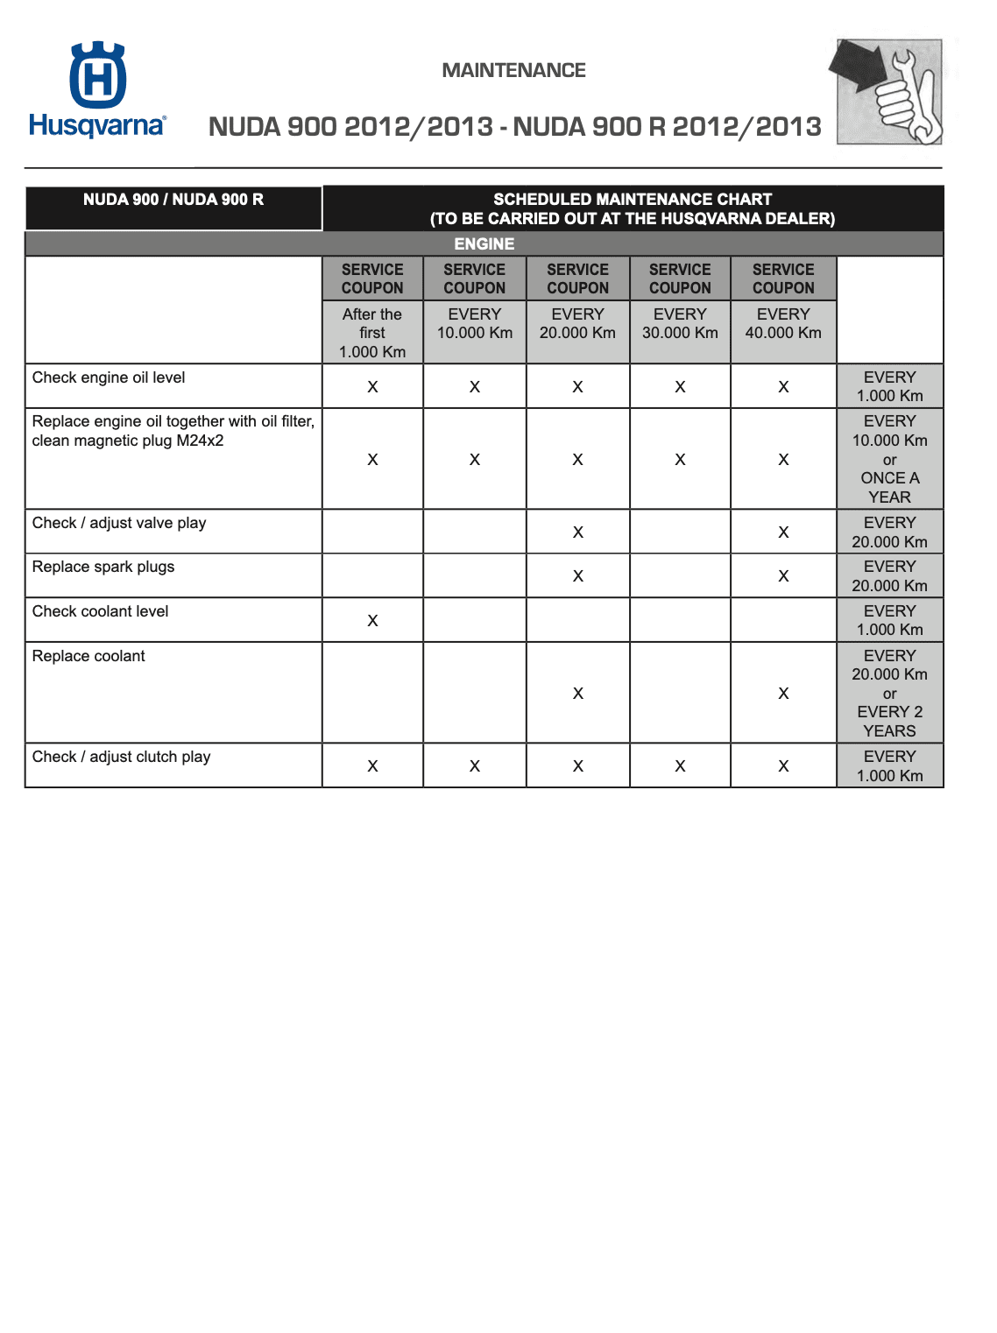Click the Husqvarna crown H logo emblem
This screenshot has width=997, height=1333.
point(97,76)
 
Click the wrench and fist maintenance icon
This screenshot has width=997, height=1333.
point(888,91)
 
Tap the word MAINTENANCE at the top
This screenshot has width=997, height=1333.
point(513,71)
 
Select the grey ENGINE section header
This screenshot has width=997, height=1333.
point(484,243)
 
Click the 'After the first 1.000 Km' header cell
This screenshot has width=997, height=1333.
point(372,333)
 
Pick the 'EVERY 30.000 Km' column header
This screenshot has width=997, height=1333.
point(680,323)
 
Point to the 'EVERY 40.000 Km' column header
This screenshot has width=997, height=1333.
point(783,323)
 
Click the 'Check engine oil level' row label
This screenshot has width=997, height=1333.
point(109,377)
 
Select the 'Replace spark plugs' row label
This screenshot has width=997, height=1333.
point(103,567)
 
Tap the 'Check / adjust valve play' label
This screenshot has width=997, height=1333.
point(119,523)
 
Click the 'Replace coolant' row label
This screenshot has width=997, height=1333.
point(88,656)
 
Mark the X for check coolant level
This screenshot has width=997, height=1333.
point(372,621)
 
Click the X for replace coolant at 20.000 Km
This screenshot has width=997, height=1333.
point(577,694)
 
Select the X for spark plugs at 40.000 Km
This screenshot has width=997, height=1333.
point(783,576)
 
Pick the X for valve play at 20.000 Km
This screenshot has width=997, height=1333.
point(577,532)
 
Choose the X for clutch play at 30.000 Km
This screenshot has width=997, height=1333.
point(680,766)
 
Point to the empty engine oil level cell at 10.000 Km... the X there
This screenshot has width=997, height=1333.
point(475,387)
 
